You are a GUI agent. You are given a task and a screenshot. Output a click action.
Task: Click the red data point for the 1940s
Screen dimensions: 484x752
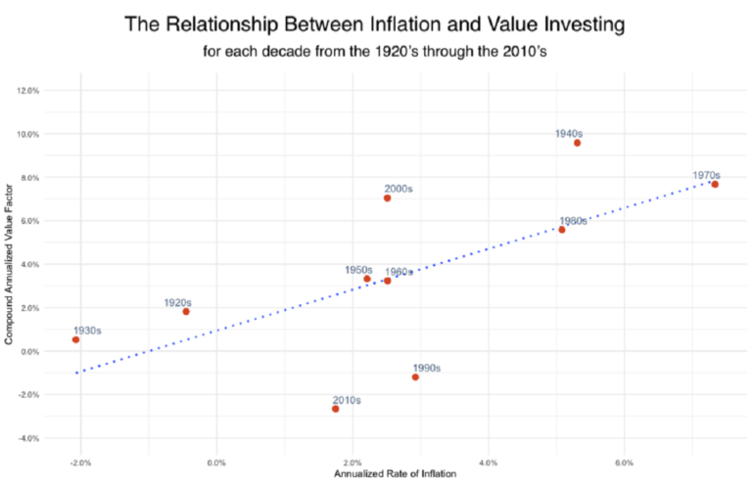(x=577, y=143)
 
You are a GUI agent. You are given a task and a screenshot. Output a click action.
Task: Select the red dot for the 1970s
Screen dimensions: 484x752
(x=715, y=184)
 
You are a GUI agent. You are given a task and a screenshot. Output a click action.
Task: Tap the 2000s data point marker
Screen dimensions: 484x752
(x=387, y=198)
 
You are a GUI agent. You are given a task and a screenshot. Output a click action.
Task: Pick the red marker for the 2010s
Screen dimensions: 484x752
(x=335, y=409)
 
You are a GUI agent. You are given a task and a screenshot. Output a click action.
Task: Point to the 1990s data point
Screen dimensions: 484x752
(x=415, y=377)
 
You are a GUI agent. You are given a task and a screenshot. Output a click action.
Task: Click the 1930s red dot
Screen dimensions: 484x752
(x=75, y=339)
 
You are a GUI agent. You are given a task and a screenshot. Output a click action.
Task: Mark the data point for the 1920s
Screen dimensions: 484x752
(x=186, y=312)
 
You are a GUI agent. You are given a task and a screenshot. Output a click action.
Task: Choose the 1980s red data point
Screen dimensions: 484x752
(x=561, y=230)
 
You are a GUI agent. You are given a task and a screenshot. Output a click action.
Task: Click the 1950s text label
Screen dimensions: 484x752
(x=358, y=269)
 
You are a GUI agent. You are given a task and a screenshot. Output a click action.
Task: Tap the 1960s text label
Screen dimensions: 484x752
(x=399, y=272)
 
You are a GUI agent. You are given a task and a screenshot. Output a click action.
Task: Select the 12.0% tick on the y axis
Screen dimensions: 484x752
(x=28, y=90)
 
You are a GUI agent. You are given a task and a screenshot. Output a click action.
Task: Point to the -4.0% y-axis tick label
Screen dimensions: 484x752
(x=28, y=438)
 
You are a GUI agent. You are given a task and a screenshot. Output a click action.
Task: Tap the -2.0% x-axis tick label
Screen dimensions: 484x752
(x=80, y=461)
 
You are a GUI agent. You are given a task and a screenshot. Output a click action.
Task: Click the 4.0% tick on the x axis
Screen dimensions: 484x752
(x=489, y=461)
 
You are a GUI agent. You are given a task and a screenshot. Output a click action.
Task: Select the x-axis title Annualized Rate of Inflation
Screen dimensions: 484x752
(x=395, y=474)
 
